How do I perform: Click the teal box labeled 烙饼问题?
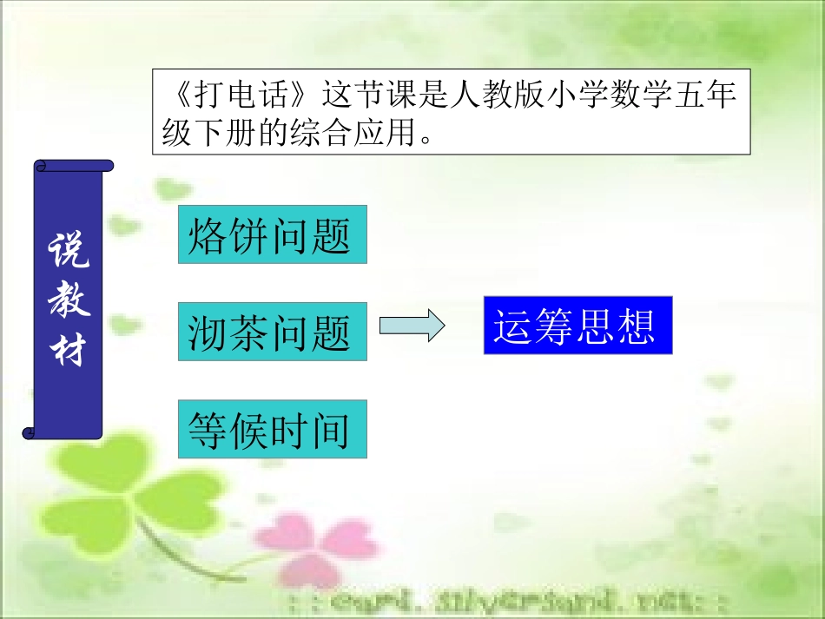click(x=272, y=234)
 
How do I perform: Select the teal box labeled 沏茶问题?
click(x=272, y=331)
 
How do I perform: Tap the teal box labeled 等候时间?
click(x=272, y=429)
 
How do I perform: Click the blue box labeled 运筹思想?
click(x=577, y=325)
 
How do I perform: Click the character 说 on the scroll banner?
click(x=68, y=252)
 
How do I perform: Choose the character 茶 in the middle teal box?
click(x=251, y=332)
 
